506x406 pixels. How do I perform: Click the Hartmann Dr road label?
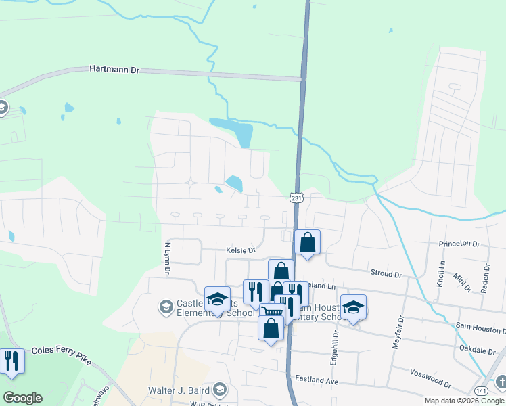coord(114,70)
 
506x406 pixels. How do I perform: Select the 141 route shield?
coord(481,391)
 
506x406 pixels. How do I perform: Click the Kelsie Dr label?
coord(240,250)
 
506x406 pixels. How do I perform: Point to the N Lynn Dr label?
coord(167,258)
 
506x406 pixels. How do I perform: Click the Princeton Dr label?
coord(459,244)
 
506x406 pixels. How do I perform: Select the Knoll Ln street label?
coord(441,272)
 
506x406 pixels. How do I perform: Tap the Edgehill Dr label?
coord(334,348)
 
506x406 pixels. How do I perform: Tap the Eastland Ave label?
coord(313,381)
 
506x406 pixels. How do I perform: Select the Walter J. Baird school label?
coord(180,390)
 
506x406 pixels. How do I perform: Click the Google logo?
coord(22,398)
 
